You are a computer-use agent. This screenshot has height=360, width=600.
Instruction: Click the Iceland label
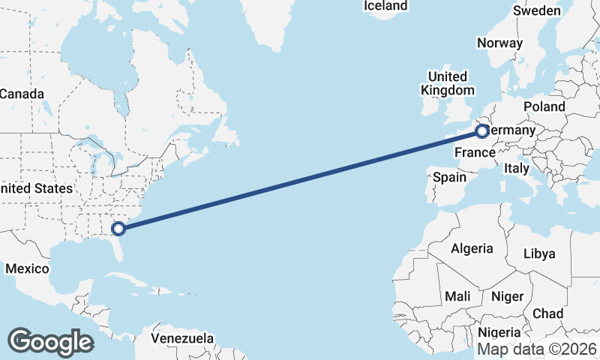[x=385, y=6]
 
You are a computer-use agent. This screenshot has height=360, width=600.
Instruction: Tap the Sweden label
[x=537, y=10]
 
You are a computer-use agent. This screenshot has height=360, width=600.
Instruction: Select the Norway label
[x=499, y=43]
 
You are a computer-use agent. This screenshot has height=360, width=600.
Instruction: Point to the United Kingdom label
[x=448, y=83]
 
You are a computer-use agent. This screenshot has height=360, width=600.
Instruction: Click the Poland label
[x=544, y=106]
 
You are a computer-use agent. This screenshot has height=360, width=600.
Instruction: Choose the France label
[x=475, y=153]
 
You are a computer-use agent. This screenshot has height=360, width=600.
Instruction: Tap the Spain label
[x=450, y=178]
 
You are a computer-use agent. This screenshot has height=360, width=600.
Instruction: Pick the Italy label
[x=517, y=168]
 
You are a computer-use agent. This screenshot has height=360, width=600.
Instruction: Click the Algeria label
[x=472, y=248]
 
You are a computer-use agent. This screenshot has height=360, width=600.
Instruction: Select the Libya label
[x=539, y=253]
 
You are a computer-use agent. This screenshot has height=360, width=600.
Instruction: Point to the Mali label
[x=457, y=296]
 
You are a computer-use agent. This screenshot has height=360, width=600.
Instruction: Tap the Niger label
[x=507, y=296]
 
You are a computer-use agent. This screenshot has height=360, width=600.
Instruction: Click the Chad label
[x=548, y=313]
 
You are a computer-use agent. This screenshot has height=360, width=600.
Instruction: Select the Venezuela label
[x=182, y=338]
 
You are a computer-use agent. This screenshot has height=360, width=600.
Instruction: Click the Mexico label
[x=27, y=268]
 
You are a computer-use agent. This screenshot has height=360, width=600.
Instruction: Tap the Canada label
[x=22, y=94]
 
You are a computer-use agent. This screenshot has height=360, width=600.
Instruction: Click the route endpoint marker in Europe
[x=481, y=133]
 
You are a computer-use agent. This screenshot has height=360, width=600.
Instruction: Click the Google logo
[x=50, y=342]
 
